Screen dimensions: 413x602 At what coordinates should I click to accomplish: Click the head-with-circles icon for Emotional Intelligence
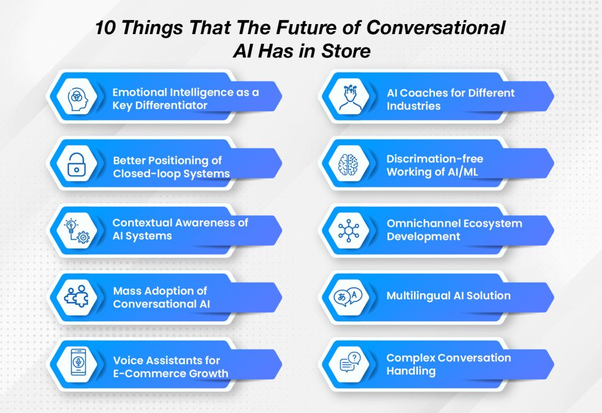coord(78,97)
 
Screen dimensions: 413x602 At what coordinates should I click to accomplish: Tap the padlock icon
coord(78,164)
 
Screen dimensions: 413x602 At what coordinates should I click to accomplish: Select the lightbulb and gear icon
coord(78,230)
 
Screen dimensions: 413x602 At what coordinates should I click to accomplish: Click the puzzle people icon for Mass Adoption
coord(78,297)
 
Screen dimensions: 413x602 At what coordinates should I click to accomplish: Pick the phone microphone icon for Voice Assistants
coord(78,365)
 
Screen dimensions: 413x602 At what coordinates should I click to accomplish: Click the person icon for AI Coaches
coord(352,97)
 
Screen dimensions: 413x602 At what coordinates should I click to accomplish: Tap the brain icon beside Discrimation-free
coord(352,164)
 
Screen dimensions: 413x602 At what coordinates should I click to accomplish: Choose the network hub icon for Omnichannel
coord(352,230)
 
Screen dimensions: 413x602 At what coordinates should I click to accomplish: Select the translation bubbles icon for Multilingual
coord(352,297)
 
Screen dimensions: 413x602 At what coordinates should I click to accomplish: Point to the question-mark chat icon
coord(352,365)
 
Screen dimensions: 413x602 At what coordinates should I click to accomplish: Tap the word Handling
coord(411,371)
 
